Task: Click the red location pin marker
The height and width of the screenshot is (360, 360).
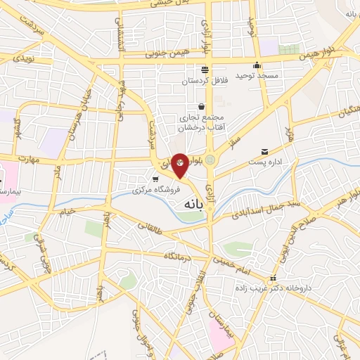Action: (x=180, y=165)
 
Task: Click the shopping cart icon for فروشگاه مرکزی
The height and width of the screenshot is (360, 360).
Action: (x=155, y=180)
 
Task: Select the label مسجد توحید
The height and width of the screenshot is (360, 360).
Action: (x=257, y=75)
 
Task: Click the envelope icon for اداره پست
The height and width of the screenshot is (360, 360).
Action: (x=264, y=152)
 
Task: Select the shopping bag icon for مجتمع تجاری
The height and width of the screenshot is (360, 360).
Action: (x=202, y=106)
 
